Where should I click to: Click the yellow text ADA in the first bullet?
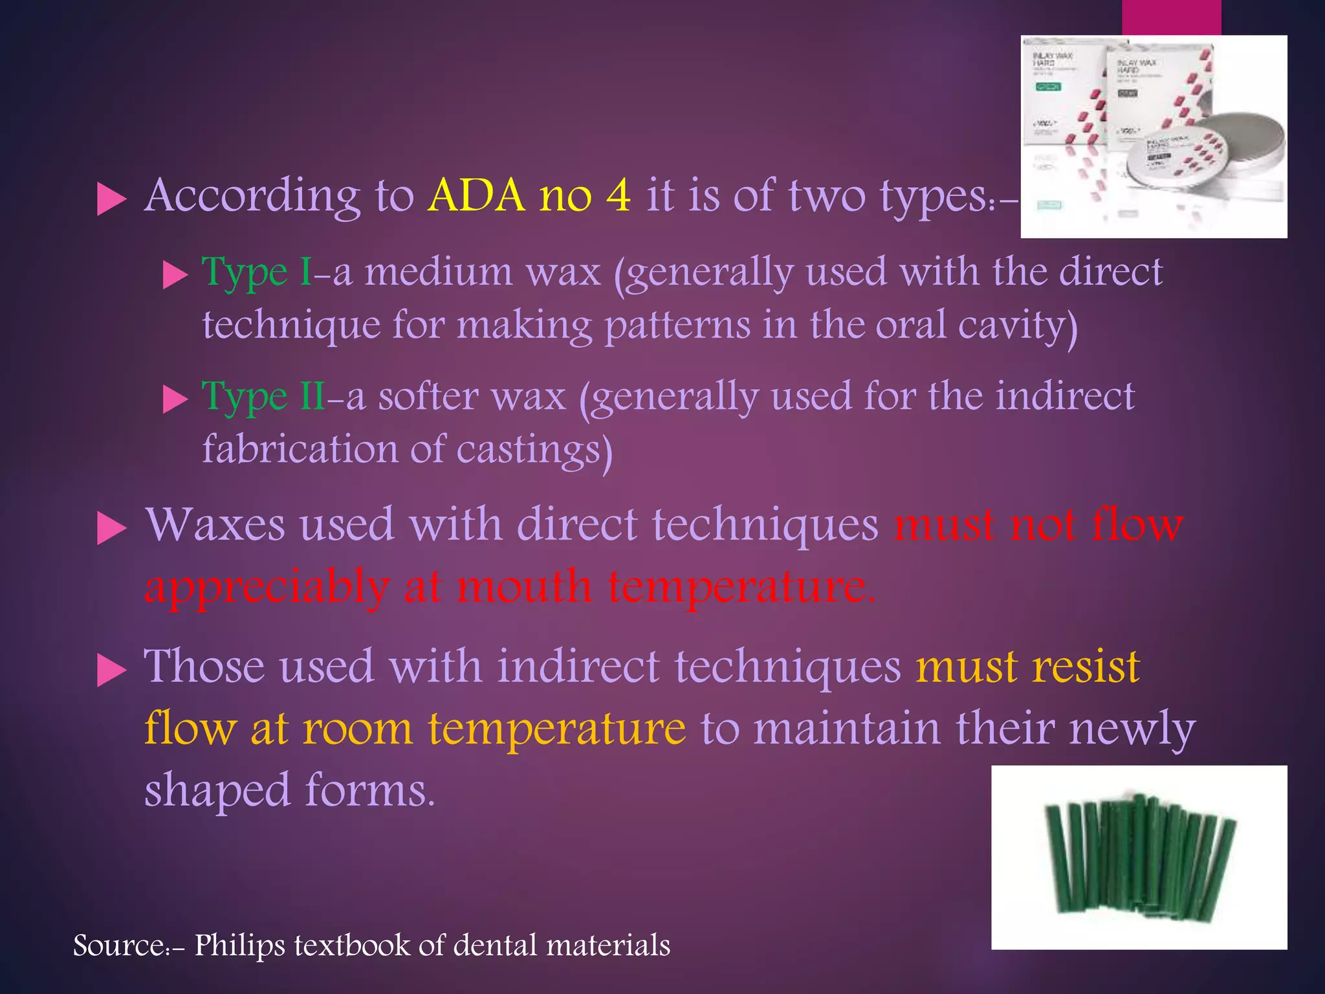[x=476, y=195]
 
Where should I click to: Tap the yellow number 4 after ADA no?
[x=619, y=195]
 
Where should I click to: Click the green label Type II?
[x=264, y=396]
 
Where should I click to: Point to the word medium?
[x=438, y=272]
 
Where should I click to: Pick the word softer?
[x=428, y=396]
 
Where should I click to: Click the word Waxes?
[x=215, y=525]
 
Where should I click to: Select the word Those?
[x=204, y=667]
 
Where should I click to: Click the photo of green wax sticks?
[x=1139, y=857]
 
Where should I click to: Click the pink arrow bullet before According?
[x=111, y=199]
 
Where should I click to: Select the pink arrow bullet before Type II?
[x=174, y=399]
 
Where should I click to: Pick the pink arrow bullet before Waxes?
[x=111, y=529]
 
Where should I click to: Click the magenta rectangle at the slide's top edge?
[x=1171, y=17]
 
